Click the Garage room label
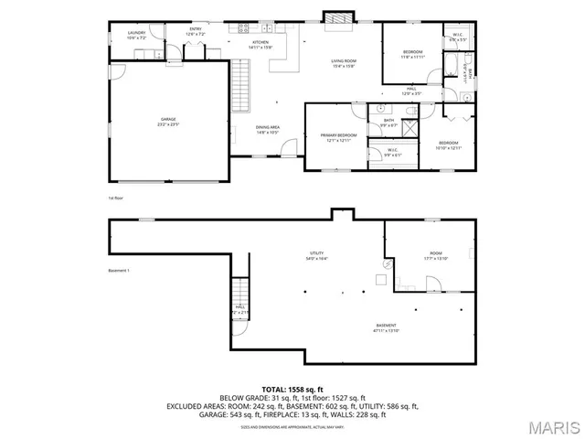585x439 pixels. click(168, 120)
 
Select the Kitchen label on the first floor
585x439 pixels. click(261, 44)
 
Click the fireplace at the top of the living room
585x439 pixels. click(335, 16)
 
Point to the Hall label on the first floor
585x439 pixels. click(411, 91)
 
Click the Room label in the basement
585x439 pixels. click(435, 255)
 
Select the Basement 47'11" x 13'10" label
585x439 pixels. click(387, 327)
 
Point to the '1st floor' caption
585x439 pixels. click(115, 198)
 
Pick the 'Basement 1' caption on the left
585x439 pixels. click(119, 271)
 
